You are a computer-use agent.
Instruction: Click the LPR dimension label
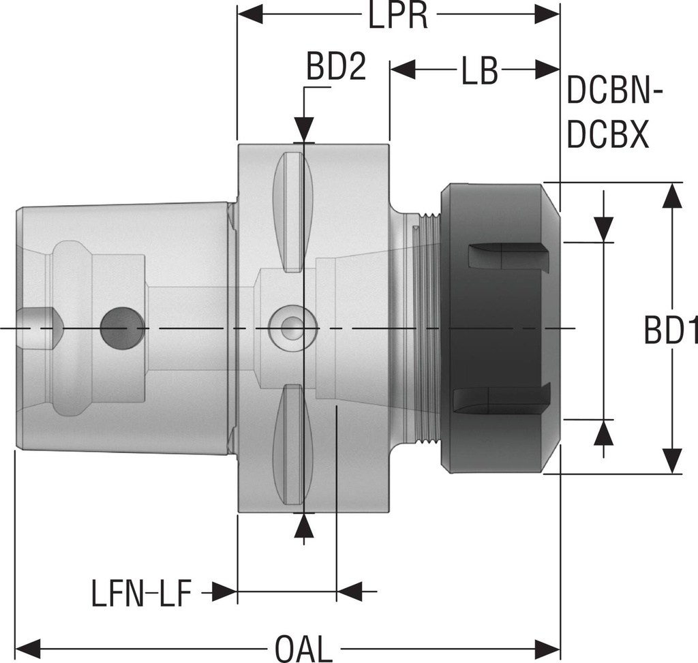398,16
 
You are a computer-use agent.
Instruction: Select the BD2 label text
335,69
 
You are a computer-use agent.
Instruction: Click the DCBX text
607,136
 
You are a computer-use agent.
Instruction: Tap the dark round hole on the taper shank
122,328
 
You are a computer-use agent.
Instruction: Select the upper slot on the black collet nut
508,256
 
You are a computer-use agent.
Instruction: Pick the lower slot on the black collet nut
501,399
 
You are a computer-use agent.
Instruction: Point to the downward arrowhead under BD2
304,129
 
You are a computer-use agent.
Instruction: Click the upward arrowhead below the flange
304,525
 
